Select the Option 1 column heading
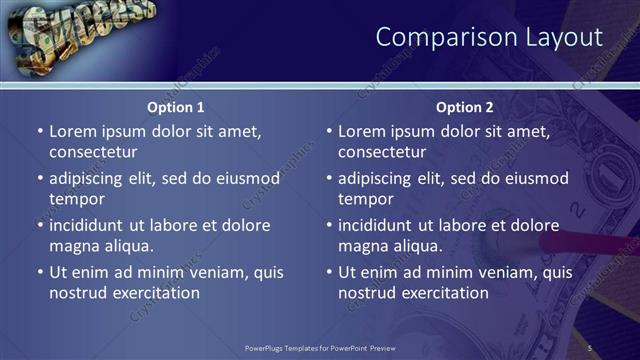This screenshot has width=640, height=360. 176,107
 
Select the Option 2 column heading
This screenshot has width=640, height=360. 465,107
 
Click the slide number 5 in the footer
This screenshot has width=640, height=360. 590,347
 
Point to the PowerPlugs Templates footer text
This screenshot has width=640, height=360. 320,347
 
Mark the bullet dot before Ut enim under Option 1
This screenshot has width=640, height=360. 39,272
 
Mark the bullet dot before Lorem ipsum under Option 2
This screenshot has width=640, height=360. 328,131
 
